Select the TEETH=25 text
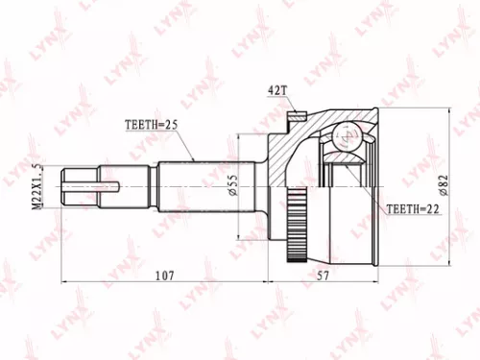point(155,125)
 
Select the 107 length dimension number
point(165,276)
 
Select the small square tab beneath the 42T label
point(295,120)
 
